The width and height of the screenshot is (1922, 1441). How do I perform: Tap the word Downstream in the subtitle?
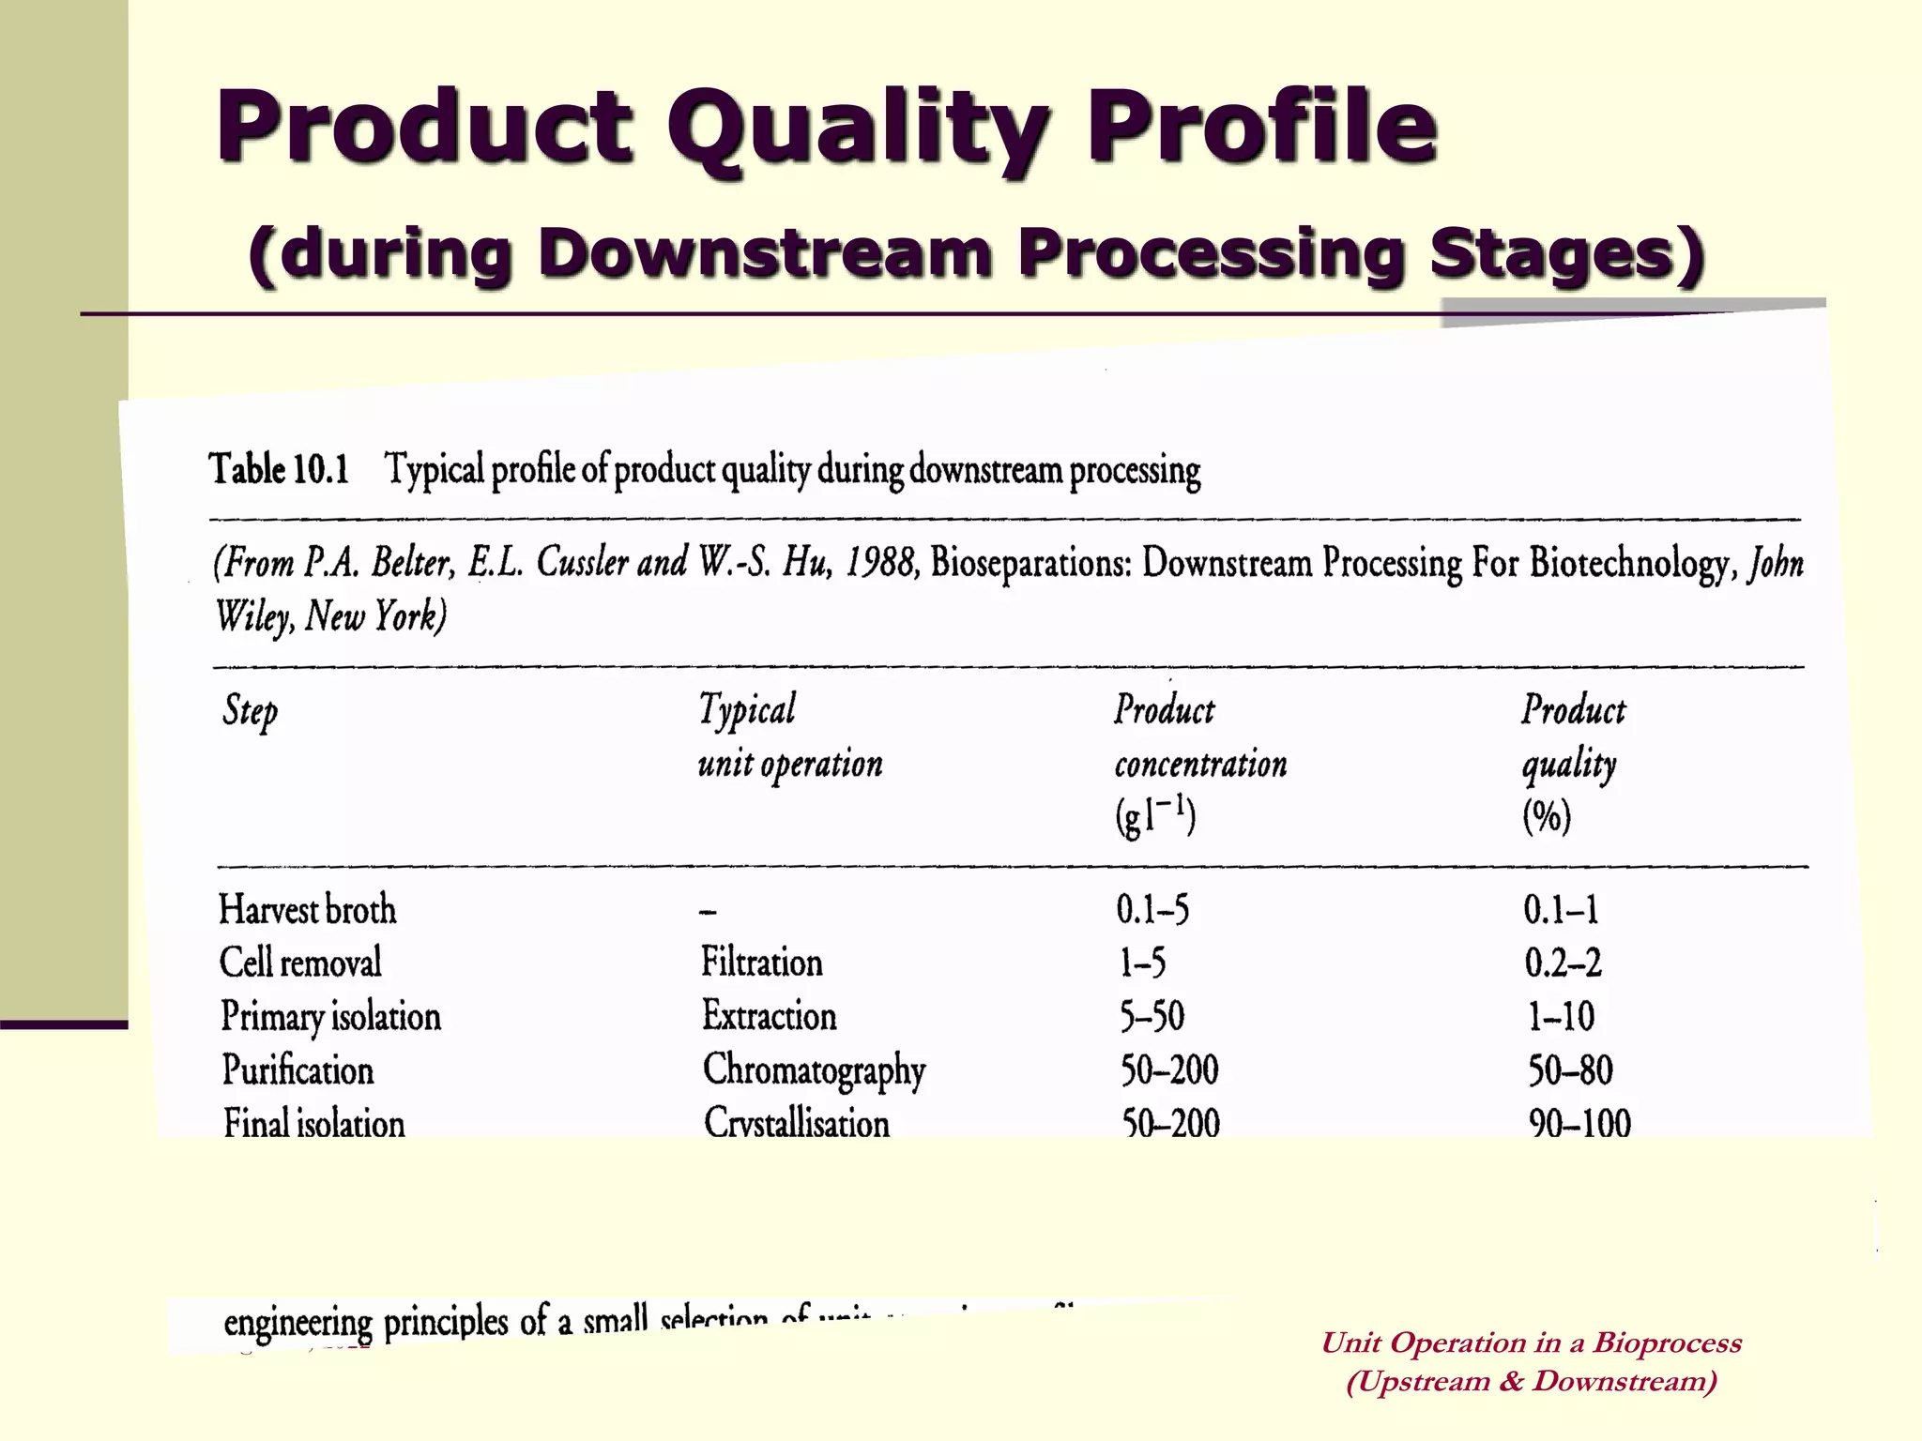765,253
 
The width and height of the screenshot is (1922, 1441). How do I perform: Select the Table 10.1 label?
279,468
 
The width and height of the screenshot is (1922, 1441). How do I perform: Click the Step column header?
250,711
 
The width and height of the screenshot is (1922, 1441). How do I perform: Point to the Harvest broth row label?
307,909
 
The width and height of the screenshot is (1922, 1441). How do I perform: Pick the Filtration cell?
761,963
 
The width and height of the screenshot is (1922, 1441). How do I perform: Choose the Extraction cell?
769,1016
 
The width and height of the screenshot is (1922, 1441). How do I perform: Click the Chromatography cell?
814,1070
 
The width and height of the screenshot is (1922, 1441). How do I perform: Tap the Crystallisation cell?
796,1123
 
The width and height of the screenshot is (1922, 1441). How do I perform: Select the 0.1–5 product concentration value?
1152,909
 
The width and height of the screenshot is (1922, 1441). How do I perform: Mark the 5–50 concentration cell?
1152,1016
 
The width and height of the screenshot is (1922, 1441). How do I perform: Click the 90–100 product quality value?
1579,1123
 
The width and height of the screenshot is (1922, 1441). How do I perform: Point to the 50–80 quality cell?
1570,1070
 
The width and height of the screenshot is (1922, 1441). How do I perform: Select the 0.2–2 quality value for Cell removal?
1563,963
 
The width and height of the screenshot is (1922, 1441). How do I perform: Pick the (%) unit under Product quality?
1546,816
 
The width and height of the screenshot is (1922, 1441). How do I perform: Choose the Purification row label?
297,1070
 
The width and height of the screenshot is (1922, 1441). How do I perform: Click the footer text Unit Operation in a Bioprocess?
1531,1342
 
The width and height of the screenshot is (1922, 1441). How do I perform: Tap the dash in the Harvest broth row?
709,911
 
